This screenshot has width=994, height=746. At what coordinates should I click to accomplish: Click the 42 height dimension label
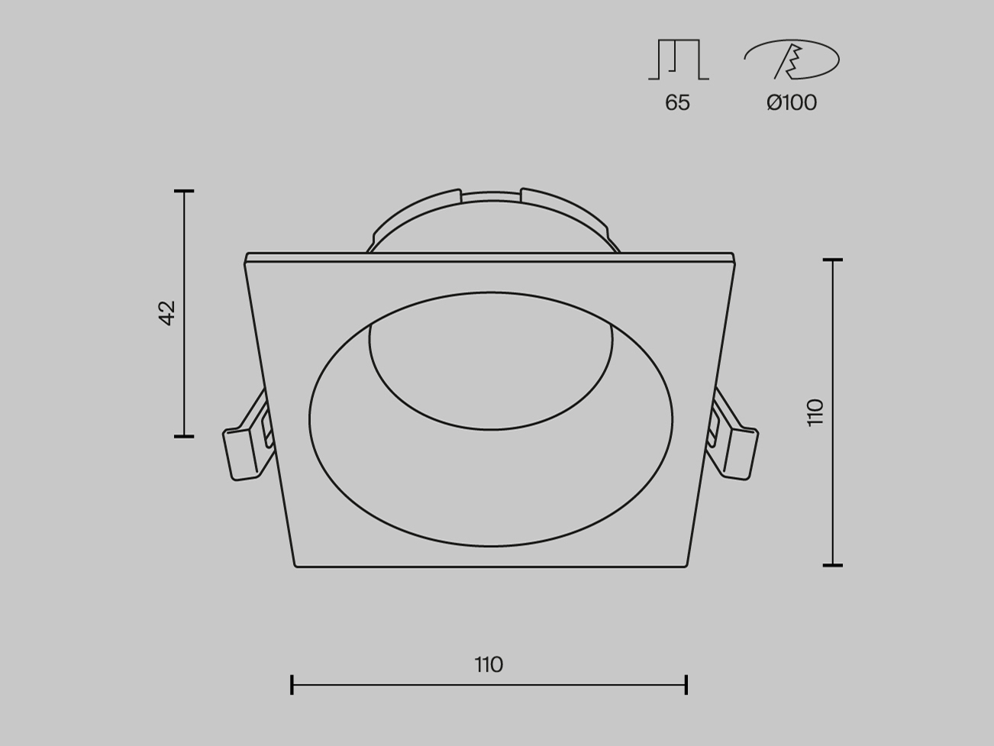coord(167,313)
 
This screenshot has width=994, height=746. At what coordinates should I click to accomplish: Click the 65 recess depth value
coord(677,103)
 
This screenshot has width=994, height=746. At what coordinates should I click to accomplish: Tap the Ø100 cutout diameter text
coord(792,103)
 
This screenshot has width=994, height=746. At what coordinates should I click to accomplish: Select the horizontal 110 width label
coord(489,665)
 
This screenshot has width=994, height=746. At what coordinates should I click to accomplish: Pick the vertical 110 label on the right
coord(815,412)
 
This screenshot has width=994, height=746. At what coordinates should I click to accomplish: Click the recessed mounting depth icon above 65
coord(679,60)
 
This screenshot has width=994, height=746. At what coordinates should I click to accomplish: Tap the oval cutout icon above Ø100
coord(792,60)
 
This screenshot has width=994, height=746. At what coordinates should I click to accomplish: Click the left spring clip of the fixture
coord(248,437)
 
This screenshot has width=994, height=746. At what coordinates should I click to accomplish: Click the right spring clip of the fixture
coord(731,437)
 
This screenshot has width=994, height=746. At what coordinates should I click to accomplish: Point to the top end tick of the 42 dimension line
coord(184,192)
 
